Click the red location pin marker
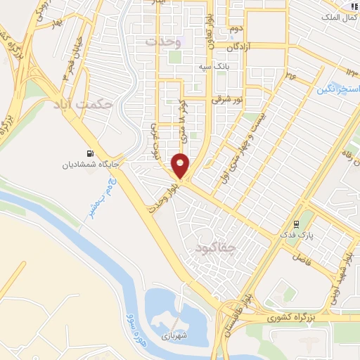(181, 165)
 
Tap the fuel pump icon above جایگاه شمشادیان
(91, 154)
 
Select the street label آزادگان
(244, 46)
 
